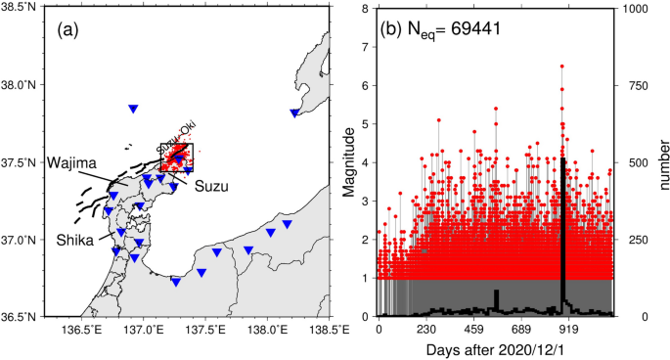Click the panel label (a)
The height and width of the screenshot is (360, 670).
[69, 29]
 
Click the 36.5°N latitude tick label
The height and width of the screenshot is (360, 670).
[23, 317]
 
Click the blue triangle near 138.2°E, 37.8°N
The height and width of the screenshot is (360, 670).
[294, 113]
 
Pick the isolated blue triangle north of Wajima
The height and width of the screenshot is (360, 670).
[133, 109]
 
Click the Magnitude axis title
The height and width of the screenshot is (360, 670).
[349, 162]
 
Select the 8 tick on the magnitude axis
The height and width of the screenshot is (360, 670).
[367, 9]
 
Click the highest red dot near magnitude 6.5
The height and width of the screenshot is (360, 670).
[562, 67]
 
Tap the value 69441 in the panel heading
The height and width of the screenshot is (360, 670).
[470, 28]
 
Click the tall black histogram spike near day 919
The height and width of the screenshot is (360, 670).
[563, 235]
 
